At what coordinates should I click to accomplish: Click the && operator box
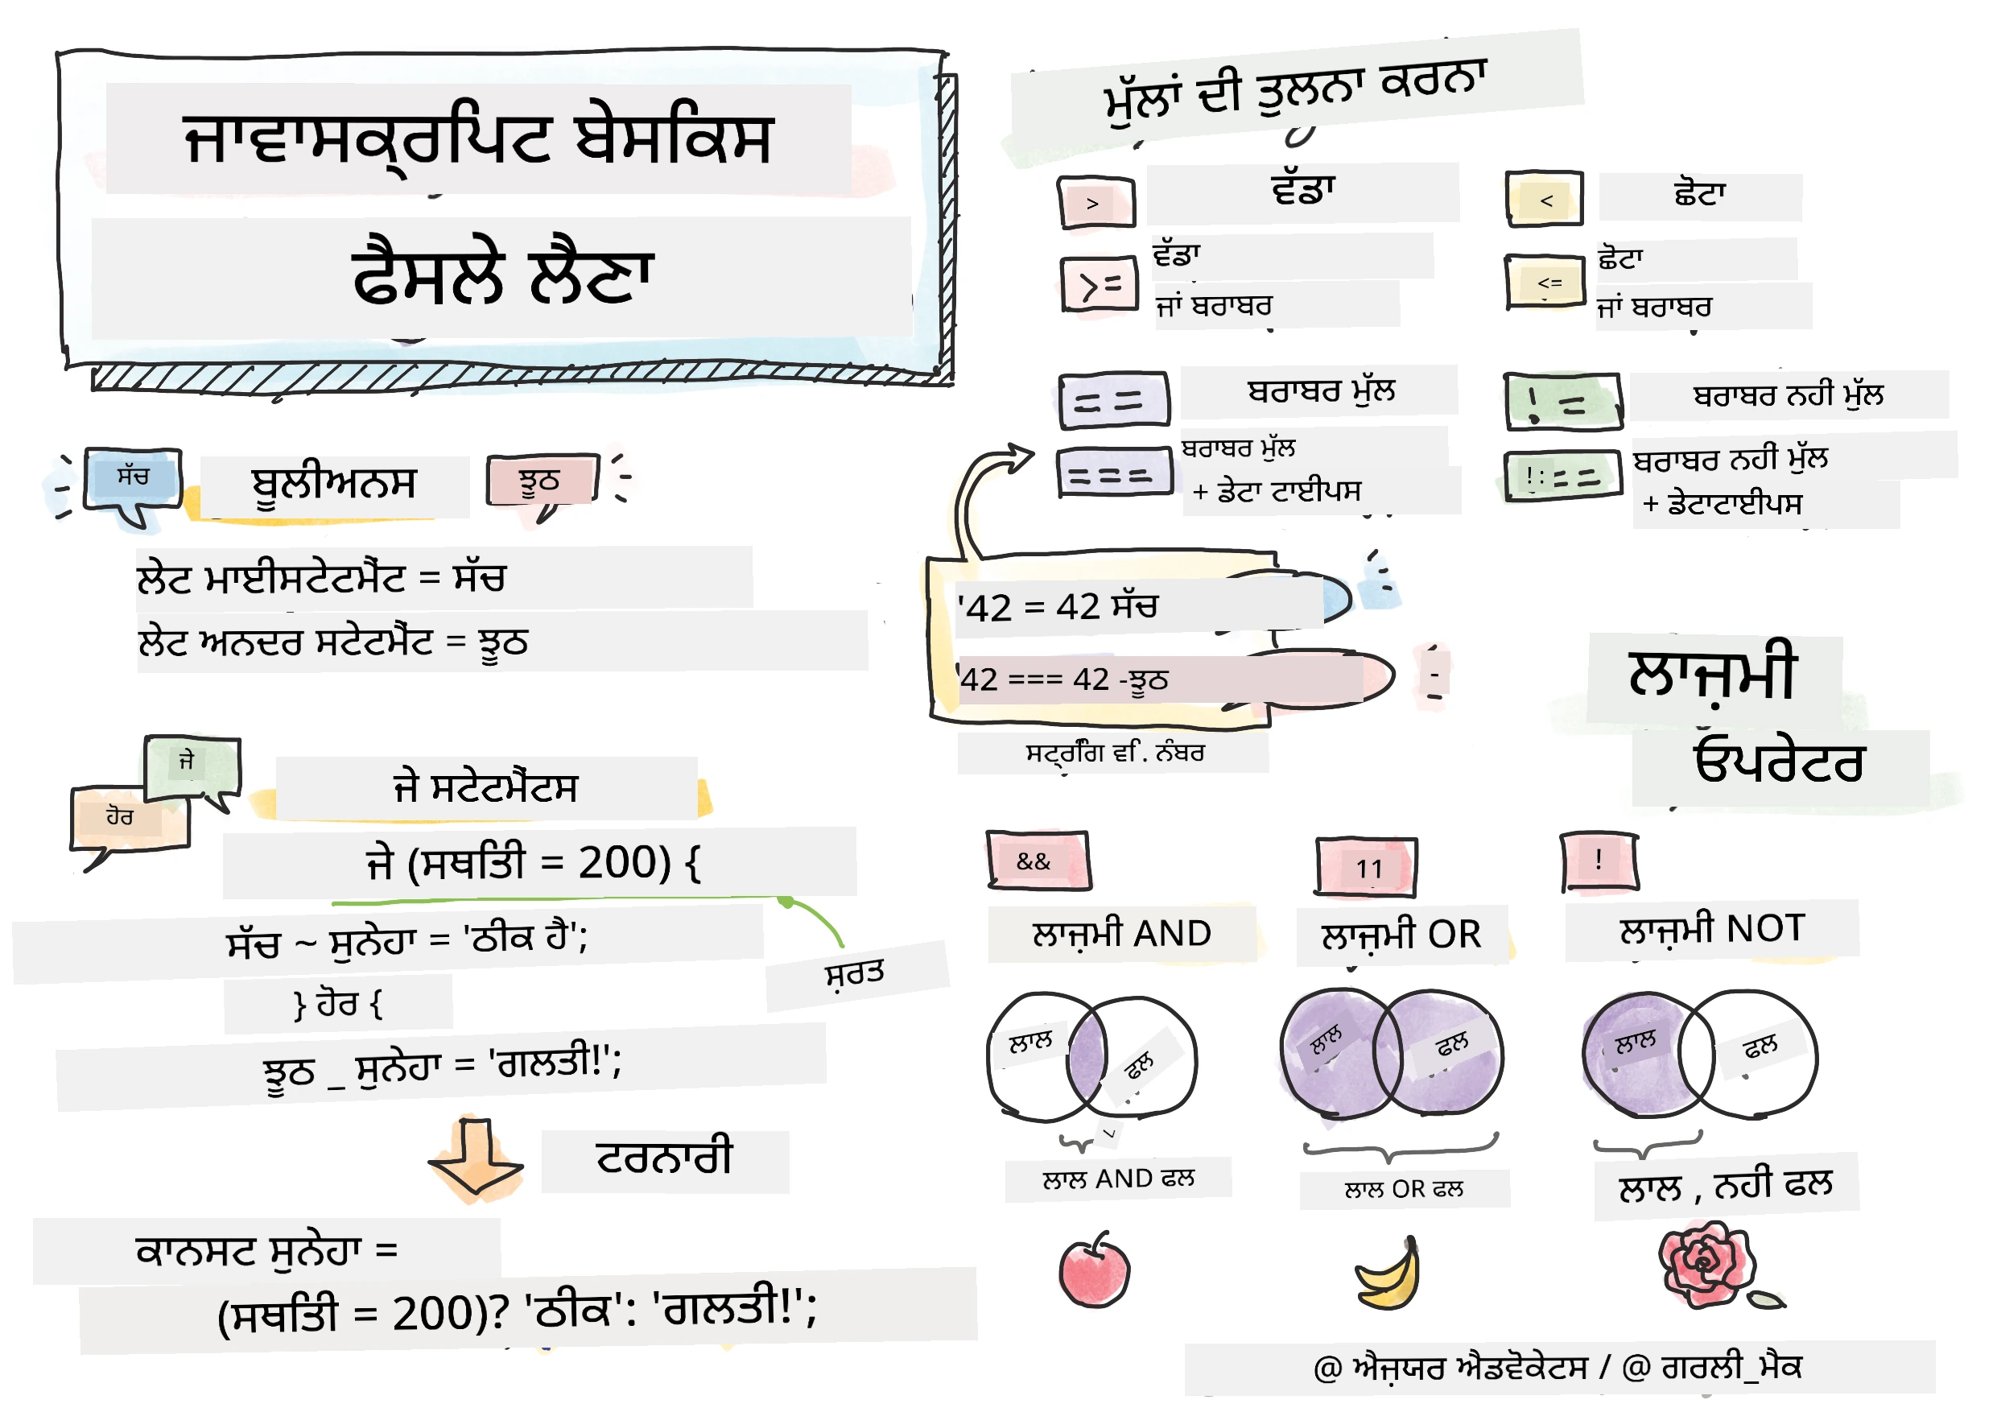1038,861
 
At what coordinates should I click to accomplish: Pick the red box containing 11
1366,867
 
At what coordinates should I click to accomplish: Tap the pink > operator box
1096,203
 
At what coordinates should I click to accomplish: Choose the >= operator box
1100,283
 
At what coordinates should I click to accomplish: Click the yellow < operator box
1544,199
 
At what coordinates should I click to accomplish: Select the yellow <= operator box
1545,281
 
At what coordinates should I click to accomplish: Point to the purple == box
1113,401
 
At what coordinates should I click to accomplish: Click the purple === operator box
1114,473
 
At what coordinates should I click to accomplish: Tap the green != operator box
1563,402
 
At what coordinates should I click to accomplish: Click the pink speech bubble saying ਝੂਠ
543,484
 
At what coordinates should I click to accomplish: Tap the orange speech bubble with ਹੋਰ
128,822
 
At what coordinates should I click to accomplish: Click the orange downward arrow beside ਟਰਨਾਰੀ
475,1158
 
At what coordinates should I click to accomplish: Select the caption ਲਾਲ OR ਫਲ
1403,1189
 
